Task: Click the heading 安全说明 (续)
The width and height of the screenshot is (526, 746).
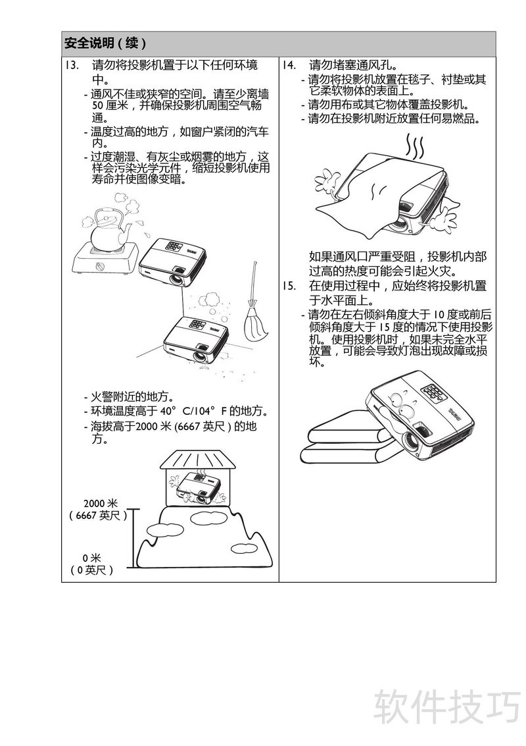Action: tap(105, 43)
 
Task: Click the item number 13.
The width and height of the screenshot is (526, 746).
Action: tap(71, 65)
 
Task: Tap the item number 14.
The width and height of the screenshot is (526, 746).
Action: tap(289, 65)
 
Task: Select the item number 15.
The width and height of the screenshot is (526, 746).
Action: tap(289, 286)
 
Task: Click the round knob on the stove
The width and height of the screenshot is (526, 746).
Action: tap(100, 267)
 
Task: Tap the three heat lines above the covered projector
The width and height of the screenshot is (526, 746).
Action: tap(414, 147)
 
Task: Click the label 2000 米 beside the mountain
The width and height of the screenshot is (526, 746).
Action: tap(100, 503)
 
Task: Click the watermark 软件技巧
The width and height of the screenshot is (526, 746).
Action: tap(446, 707)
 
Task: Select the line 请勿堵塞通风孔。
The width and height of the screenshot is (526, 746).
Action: tap(353, 65)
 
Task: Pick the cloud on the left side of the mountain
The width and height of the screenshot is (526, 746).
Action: tap(161, 529)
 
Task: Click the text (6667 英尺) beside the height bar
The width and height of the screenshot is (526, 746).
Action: tap(99, 516)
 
